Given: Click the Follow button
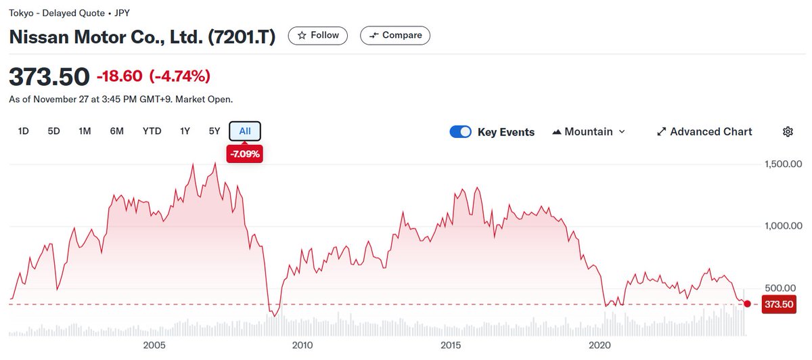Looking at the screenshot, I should tap(318, 35).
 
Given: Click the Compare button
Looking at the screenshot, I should tap(394, 35).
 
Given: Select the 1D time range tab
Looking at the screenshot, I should tap(23, 131).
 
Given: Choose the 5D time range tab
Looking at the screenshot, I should tap(54, 131).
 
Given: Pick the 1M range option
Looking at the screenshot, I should tap(85, 131).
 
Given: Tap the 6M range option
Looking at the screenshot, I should tap(116, 131).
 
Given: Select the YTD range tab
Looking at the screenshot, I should tap(152, 131).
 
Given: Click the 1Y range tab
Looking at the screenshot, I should tap(185, 131).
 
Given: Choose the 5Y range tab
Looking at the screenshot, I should tap(214, 131).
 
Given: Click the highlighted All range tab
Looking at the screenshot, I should tap(245, 131).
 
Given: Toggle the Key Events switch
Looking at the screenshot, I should tap(460, 132).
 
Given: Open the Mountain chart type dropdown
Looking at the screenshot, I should tap(589, 132).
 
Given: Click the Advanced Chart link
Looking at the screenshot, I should tap(704, 132).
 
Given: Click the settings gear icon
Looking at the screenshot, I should tap(788, 132).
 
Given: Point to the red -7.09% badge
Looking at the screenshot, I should tap(245, 154).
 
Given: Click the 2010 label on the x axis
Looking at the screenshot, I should tap(302, 346).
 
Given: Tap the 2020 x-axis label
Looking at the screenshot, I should tap(601, 346).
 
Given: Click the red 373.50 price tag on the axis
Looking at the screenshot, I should tap(778, 305).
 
